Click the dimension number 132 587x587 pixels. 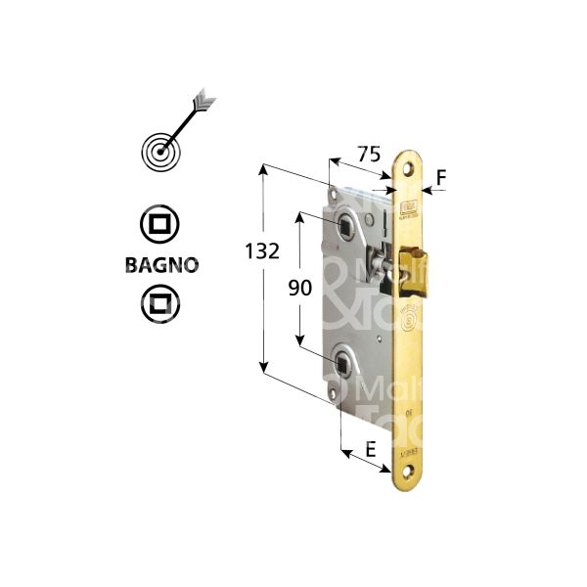coord(263,250)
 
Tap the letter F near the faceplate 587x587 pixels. coord(441,177)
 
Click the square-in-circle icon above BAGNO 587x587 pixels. coord(159,225)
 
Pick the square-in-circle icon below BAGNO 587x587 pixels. coord(159,302)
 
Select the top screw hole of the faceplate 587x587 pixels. coord(408,173)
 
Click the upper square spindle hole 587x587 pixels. coord(347,229)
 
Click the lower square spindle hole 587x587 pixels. coord(342,366)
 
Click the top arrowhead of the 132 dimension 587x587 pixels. coord(263,170)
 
